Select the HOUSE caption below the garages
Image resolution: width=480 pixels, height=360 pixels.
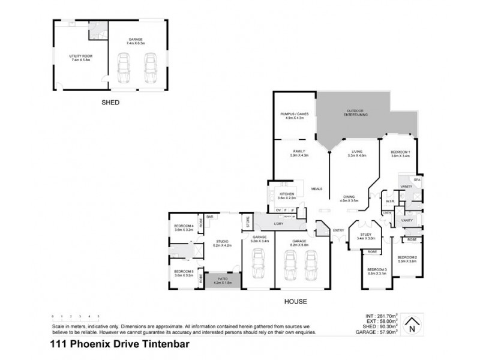click(x=296, y=301)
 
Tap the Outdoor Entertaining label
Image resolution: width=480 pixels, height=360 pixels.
click(x=355, y=112)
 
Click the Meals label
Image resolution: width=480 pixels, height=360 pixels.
click(x=317, y=188)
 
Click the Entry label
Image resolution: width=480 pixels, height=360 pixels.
click(x=338, y=230)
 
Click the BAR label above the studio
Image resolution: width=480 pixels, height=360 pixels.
click(x=211, y=217)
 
